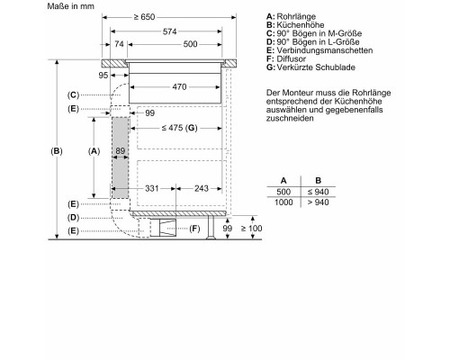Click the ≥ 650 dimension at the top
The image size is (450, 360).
(144, 17)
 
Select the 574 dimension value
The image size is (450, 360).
(169, 31)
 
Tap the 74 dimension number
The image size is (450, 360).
(119, 44)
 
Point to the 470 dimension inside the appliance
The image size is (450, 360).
(179, 86)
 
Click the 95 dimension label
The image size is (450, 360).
(103, 75)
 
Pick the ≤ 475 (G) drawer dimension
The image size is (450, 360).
(179, 128)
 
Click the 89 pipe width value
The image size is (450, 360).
(120, 150)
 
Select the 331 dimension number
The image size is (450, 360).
(152, 188)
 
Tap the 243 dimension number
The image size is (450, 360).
(202, 188)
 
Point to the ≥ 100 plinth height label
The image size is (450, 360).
(251, 229)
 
